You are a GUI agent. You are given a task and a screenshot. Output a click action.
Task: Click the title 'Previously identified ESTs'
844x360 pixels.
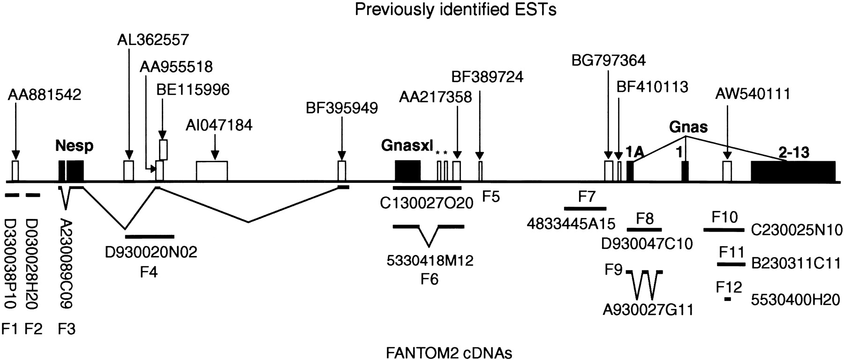455,10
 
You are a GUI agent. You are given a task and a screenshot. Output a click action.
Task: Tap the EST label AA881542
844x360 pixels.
45,95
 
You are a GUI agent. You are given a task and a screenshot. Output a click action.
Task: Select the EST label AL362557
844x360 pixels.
153,40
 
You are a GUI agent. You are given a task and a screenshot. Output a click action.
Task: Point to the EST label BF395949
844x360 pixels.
341,108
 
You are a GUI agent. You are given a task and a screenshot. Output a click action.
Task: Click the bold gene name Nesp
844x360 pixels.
75,146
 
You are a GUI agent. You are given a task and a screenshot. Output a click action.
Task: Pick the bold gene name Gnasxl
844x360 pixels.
407,146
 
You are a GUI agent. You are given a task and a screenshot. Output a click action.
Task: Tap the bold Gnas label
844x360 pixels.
688,127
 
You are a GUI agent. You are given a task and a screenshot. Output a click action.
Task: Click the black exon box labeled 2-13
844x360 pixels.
793,171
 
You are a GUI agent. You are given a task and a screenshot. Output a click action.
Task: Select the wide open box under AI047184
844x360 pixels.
211,171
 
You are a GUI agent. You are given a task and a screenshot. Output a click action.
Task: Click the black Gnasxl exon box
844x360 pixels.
407,171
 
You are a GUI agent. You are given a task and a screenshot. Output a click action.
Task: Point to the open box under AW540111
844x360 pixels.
727,171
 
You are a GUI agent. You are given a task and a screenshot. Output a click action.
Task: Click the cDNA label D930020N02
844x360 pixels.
151,252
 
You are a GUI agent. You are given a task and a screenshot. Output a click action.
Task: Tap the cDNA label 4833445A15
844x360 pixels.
571,224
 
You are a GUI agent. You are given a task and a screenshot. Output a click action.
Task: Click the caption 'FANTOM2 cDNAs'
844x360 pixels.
449,352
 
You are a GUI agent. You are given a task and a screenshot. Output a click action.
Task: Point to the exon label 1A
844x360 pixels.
635,152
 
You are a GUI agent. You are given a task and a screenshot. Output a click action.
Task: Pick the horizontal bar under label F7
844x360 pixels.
585,208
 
